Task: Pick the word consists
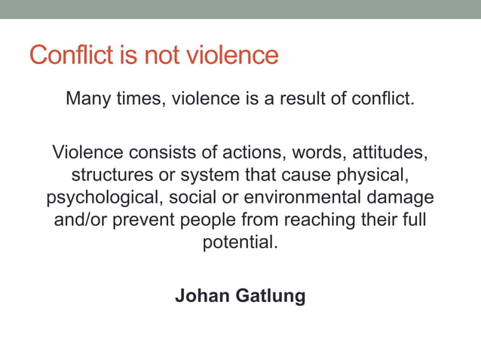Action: [x=160, y=153]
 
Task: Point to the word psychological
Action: [x=104, y=198]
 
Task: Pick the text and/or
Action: [x=80, y=221]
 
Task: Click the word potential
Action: [x=240, y=243]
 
